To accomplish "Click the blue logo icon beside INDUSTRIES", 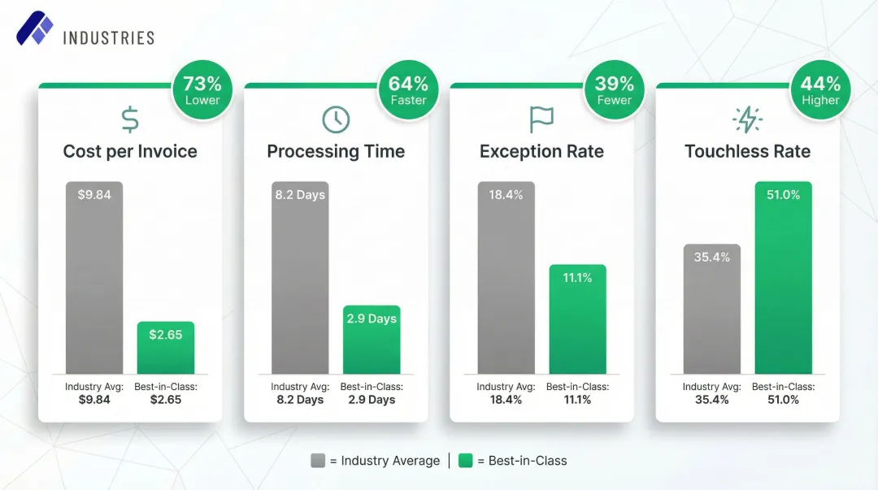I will (x=34, y=29).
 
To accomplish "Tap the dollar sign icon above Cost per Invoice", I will (x=130, y=119).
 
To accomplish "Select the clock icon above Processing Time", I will (x=336, y=119).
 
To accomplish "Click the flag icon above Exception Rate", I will (x=541, y=119).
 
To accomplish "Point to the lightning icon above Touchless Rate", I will (x=747, y=119).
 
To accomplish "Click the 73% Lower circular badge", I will (x=202, y=90).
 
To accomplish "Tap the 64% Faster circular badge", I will (x=408, y=90).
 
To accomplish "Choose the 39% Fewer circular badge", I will (x=615, y=90).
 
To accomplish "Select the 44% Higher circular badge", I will (x=820, y=90).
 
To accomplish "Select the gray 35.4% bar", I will (x=712, y=309).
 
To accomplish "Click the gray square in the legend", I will (x=318, y=461).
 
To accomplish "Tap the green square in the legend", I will (x=465, y=461).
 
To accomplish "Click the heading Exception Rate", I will (x=541, y=152).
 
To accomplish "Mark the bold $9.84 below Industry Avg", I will (x=94, y=400).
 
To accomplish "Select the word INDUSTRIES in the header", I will (x=108, y=37).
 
